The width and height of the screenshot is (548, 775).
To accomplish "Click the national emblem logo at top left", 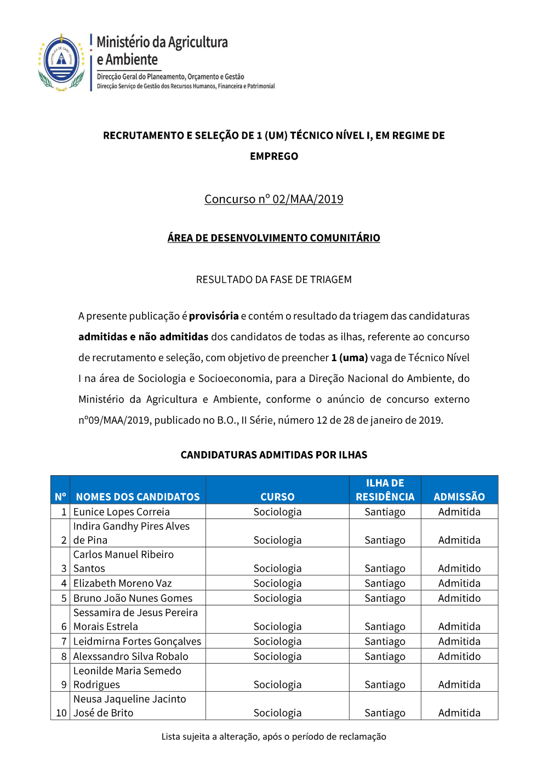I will pyautogui.click(x=61, y=62).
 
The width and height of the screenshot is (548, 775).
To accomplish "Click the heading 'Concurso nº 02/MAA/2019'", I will pyautogui.click(x=273, y=199).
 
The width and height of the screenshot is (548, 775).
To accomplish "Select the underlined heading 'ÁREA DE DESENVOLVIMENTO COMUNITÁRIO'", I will pyautogui.click(x=273, y=238).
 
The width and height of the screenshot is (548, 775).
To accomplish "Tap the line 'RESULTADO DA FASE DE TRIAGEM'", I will pyautogui.click(x=273, y=280).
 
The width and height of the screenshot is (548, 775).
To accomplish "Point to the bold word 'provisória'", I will pyautogui.click(x=214, y=316).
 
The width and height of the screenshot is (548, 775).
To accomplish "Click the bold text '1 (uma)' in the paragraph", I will pyautogui.click(x=349, y=357).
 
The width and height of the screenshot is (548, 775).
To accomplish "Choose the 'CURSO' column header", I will pyautogui.click(x=277, y=497).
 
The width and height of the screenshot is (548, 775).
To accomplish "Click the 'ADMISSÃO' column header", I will pyautogui.click(x=459, y=497).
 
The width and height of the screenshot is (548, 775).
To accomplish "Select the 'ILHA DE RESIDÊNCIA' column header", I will pyautogui.click(x=385, y=490).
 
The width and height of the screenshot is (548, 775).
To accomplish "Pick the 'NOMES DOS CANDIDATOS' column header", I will pyautogui.click(x=138, y=497).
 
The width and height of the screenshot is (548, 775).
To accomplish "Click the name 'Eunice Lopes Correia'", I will pyautogui.click(x=122, y=512).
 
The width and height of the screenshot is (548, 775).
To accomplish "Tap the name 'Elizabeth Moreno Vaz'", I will pyautogui.click(x=123, y=583).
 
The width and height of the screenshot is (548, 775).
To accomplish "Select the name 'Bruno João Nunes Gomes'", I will pyautogui.click(x=133, y=598).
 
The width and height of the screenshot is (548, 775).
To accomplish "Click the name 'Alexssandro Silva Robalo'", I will pyautogui.click(x=131, y=656).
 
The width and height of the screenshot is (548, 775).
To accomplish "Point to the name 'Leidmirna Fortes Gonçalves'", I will pyautogui.click(x=137, y=641).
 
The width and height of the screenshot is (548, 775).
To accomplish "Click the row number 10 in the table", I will pyautogui.click(x=61, y=713).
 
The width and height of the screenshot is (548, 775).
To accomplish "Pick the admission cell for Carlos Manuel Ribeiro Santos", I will pyautogui.click(x=459, y=568).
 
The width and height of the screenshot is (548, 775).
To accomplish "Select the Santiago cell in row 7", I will pyautogui.click(x=385, y=641).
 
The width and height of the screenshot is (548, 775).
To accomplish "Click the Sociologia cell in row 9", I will pyautogui.click(x=277, y=685).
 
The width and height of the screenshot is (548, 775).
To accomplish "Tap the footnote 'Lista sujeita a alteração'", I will pyautogui.click(x=273, y=737).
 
